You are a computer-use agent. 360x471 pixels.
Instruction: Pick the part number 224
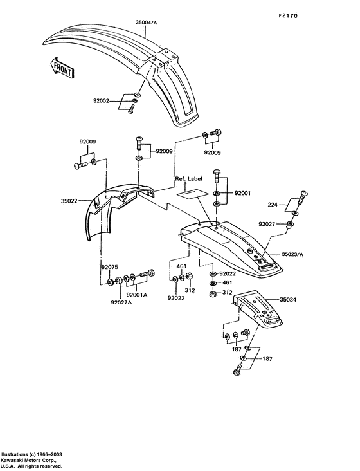pyautogui.click(x=273, y=205)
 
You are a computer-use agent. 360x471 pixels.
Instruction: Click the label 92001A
pyautogui.click(x=138, y=295)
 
